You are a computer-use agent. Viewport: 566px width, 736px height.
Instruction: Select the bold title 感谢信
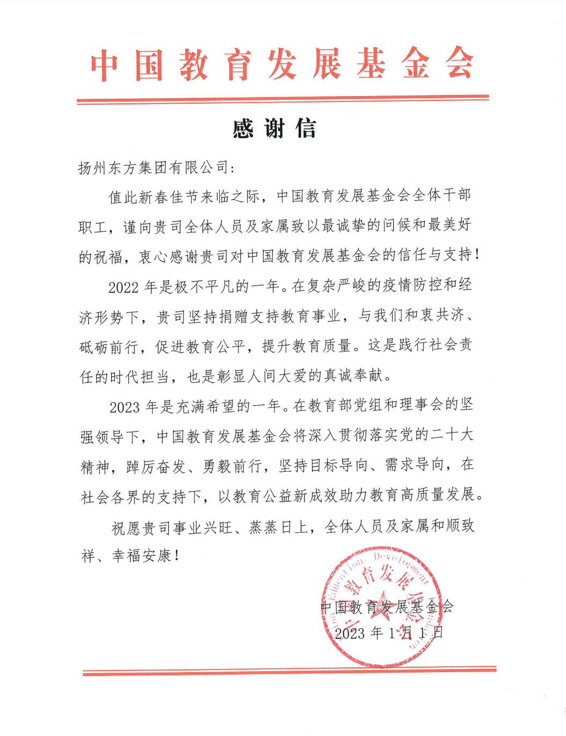click(x=274, y=129)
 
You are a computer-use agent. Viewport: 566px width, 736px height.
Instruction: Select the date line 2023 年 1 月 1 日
click(x=389, y=633)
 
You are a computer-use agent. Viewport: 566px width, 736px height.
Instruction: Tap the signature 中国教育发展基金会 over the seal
click(x=387, y=607)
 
